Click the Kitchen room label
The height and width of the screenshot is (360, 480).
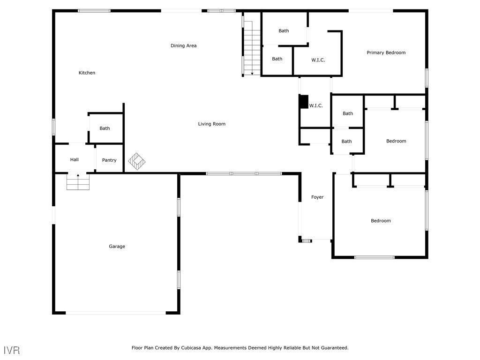(87, 73)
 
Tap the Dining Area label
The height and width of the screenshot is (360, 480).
(183, 45)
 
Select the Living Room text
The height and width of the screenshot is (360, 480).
(211, 124)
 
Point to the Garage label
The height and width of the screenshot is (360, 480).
(117, 246)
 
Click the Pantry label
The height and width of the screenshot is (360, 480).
(109, 160)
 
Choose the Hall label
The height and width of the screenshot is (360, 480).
(75, 160)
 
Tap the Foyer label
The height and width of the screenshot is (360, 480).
(317, 197)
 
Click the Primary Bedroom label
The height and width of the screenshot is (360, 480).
(386, 52)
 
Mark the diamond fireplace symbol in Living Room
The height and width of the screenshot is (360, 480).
(136, 161)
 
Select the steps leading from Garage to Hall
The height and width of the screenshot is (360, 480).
(78, 182)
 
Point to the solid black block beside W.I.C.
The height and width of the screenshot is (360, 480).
(304, 102)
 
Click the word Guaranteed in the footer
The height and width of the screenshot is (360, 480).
(332, 348)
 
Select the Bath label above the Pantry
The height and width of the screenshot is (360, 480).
(105, 128)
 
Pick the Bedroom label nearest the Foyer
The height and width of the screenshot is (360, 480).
(380, 221)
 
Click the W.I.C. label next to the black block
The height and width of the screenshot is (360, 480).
(316, 106)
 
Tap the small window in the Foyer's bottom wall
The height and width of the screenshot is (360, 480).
(306, 241)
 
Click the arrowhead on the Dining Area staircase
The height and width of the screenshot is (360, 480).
(252, 73)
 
